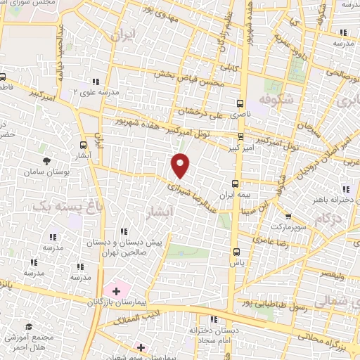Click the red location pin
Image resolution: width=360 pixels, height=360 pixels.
181,165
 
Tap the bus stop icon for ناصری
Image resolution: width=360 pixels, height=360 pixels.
240,103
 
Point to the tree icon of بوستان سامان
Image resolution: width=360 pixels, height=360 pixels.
46,161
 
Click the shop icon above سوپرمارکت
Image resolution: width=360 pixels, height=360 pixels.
288,215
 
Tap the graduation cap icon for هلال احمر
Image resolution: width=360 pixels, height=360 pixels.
29,327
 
